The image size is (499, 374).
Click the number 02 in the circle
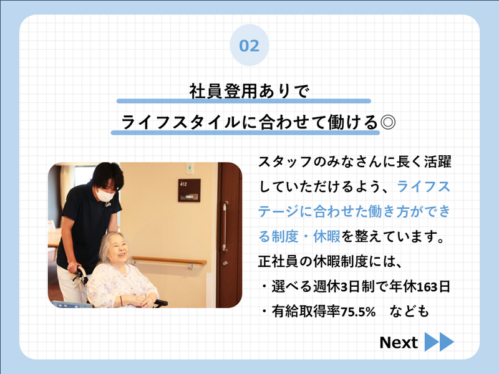249,45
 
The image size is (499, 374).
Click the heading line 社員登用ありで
249,91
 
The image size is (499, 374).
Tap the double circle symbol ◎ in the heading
387,122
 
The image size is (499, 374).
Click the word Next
398,343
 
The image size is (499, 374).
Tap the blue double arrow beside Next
439,342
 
